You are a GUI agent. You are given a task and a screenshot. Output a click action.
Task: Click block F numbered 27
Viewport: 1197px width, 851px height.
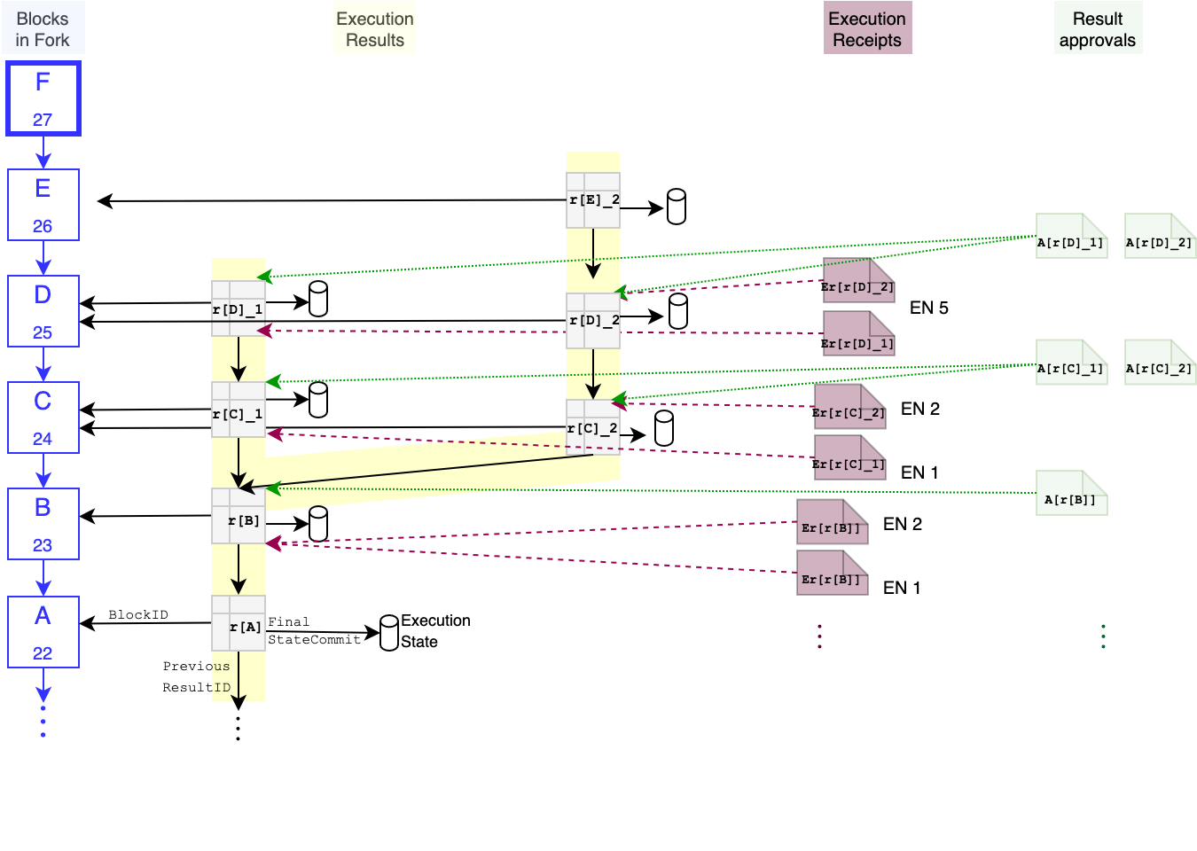[43, 98]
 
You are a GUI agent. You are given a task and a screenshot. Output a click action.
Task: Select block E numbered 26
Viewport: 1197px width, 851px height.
[43, 205]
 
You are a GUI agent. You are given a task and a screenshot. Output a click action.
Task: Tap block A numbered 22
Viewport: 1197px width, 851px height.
[43, 632]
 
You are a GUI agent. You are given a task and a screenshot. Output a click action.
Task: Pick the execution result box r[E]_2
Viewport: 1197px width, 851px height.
[593, 200]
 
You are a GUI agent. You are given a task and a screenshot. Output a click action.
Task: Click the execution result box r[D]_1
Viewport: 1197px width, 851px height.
[238, 308]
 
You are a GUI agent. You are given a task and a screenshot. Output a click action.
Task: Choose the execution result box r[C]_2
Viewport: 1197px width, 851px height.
[592, 427]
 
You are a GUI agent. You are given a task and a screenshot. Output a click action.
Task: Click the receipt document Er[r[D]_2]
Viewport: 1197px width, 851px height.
[858, 280]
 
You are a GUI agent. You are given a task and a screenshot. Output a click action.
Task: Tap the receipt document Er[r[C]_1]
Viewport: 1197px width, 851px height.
[849, 457]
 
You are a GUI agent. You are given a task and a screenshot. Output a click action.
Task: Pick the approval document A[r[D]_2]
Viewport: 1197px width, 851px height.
[1160, 236]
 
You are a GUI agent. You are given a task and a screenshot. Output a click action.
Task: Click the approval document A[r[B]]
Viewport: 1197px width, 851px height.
[1071, 493]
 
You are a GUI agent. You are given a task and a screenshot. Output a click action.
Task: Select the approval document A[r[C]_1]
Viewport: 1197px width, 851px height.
[1071, 363]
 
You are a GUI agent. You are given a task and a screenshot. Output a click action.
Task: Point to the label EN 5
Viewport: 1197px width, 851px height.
[928, 308]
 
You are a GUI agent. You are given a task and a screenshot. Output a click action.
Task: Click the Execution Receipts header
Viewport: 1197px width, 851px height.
[867, 29]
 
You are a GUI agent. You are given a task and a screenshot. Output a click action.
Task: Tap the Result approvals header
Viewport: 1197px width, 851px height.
[1098, 29]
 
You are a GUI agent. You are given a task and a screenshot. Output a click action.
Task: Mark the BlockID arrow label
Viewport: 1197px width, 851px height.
[138, 614]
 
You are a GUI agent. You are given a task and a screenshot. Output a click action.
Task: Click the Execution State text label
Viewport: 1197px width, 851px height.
[435, 631]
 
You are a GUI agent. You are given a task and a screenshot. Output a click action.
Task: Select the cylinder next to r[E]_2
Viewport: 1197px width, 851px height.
[677, 207]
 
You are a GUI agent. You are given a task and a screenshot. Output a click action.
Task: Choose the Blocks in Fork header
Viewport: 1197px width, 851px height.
[43, 29]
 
